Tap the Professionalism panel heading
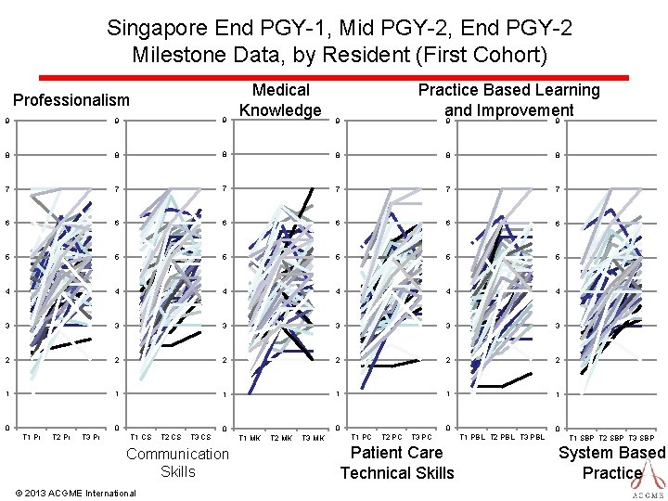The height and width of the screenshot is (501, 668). point(71,99)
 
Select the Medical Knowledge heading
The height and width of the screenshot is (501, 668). point(280,100)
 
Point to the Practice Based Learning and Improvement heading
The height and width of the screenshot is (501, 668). point(508,99)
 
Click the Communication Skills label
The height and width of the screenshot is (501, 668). point(177,462)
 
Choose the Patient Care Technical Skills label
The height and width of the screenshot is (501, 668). point(397,463)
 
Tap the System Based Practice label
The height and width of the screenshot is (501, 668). point(612,463)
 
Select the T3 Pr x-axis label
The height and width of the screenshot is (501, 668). point(91,437)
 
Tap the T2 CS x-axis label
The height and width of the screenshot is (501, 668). point(171,437)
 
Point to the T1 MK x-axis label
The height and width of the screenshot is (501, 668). point(250,438)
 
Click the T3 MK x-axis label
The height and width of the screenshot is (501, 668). point(313,438)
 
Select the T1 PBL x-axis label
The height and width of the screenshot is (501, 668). point(473,437)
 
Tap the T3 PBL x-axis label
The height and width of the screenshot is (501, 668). point(532,437)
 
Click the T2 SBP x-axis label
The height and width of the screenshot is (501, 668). point(611,438)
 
